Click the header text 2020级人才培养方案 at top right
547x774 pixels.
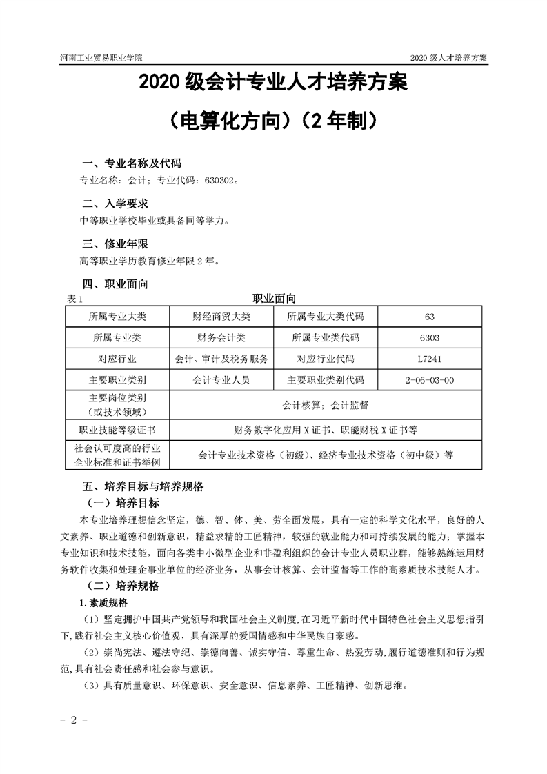coord(448,59)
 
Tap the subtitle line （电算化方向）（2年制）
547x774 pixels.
coord(273,121)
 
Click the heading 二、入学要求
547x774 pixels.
coord(115,204)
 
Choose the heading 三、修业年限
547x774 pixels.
coord(115,244)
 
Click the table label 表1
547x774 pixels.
coord(74,299)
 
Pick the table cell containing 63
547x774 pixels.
coord(430,317)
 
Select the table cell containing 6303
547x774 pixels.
coord(430,338)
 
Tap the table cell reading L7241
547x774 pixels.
coord(430,359)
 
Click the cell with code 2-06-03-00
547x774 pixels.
coord(430,380)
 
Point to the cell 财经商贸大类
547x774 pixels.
coord(221,317)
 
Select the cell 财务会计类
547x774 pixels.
coord(221,338)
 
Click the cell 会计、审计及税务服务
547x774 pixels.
coord(221,359)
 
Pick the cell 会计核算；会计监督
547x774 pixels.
coord(326,405)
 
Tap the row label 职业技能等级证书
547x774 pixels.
coord(117,430)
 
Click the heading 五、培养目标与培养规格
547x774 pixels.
coord(142,486)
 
